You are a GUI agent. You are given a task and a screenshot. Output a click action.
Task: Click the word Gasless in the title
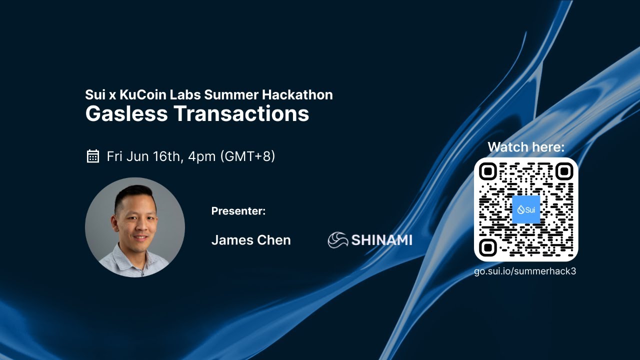pyautogui.click(x=126, y=113)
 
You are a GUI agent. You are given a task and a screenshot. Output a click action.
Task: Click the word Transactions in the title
pyautogui.click(x=241, y=113)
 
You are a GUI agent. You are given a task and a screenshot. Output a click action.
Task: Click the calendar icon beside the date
pyautogui.click(x=93, y=156)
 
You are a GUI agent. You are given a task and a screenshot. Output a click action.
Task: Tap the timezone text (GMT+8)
pyautogui.click(x=247, y=156)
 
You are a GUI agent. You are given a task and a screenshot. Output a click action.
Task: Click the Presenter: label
pyautogui.click(x=238, y=211)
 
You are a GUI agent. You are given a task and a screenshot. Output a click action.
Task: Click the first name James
pyautogui.click(x=231, y=240)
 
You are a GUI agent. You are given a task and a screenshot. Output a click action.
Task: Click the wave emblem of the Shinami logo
pyautogui.click(x=338, y=240)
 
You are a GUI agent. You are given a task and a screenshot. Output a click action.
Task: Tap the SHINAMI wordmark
pyautogui.click(x=382, y=240)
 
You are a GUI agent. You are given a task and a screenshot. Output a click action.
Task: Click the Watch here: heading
pyautogui.click(x=526, y=147)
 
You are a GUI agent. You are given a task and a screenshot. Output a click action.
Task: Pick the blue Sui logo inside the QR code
pyautogui.click(x=526, y=209)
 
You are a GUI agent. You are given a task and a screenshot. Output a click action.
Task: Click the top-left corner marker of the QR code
pyautogui.click(x=487, y=171)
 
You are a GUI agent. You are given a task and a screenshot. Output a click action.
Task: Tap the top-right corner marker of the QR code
pyautogui.click(x=564, y=171)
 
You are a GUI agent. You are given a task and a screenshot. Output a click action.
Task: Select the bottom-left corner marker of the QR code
pyautogui.click(x=487, y=247)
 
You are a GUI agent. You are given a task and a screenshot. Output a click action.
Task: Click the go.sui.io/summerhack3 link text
pyautogui.click(x=525, y=271)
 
